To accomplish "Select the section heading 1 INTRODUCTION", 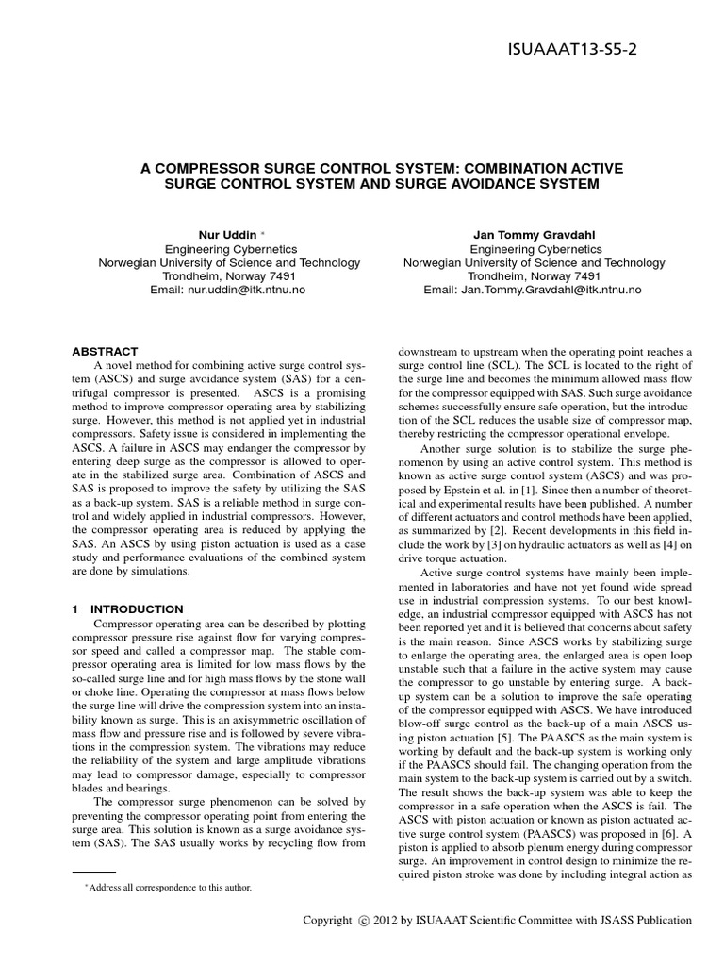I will (128, 609).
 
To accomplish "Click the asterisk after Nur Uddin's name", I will (263, 232).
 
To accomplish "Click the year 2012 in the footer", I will (387, 921).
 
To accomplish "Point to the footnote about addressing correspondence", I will (168, 888).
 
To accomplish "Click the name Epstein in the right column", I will (452, 478).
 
